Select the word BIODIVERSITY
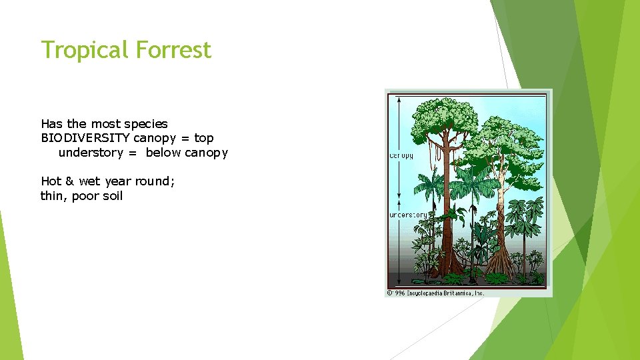click(x=85, y=138)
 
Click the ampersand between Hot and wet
click(x=69, y=181)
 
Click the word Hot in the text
click(x=51, y=181)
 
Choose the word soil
click(x=111, y=196)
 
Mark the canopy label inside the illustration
click(x=401, y=156)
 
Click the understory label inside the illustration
click(x=408, y=215)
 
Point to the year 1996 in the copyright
click(x=399, y=293)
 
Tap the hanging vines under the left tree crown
click(x=435, y=153)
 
